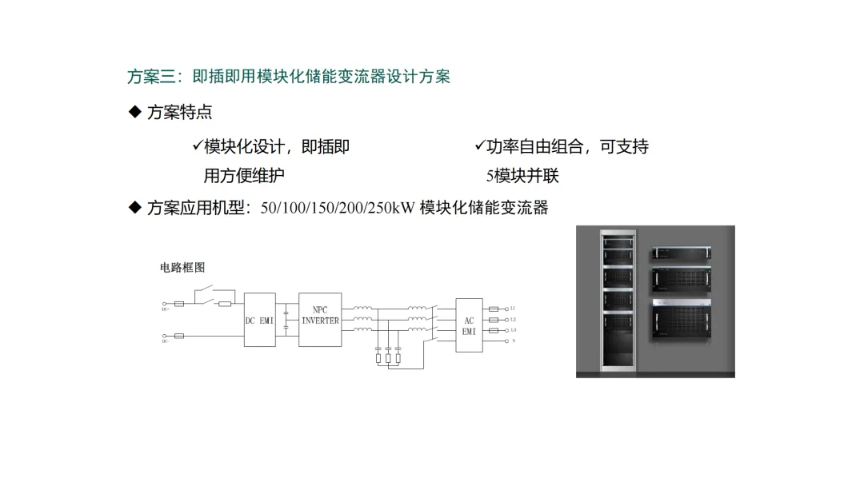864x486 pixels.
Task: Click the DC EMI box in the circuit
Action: pos(259,320)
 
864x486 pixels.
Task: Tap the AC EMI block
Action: pos(469,326)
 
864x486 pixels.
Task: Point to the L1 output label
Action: pos(513,309)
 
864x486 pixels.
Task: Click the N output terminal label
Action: pos(513,341)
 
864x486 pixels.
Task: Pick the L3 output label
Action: pos(513,330)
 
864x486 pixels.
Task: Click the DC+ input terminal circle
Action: pos(165,305)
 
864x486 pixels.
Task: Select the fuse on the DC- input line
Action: pos(179,337)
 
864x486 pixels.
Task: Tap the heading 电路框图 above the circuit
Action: pos(182,268)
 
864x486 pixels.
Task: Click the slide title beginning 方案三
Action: pos(288,77)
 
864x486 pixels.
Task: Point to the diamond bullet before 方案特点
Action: pos(134,112)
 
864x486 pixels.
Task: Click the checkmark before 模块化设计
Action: pos(198,146)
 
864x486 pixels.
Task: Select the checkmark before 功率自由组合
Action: pos(480,146)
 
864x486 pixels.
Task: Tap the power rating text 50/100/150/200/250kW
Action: pos(337,208)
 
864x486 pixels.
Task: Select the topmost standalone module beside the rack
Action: pos(682,252)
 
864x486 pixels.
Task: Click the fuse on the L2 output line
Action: pos(494,320)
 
